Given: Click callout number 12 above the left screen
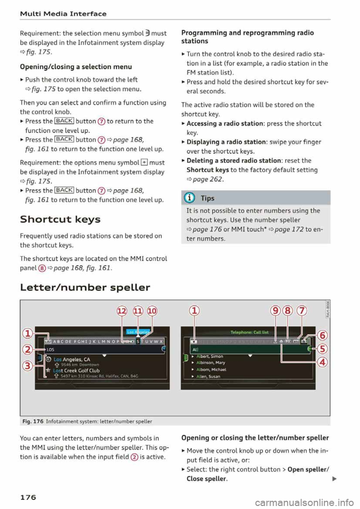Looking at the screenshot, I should point(122,311).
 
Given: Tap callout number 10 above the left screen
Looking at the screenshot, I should point(152,311).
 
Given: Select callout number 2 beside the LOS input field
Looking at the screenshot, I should point(27,350).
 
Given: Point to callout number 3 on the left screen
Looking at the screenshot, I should point(27,365).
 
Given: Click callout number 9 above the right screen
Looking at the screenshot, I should point(275,311).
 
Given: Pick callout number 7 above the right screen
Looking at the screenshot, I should point(301,311).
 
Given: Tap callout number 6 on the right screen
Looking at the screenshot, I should point(322,335).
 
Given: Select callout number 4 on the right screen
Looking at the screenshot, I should point(322,362).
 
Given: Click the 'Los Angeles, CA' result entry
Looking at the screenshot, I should point(72,359).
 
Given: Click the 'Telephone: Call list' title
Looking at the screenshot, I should point(249,332).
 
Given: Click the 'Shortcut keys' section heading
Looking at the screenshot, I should point(60,219).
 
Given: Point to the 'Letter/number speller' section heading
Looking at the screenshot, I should point(85,287).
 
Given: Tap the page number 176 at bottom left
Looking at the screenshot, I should point(28,497).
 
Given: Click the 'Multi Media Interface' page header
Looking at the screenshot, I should point(63,14).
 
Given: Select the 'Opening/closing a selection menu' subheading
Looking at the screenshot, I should point(76,67).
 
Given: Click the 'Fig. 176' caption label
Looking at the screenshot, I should point(33,421).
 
